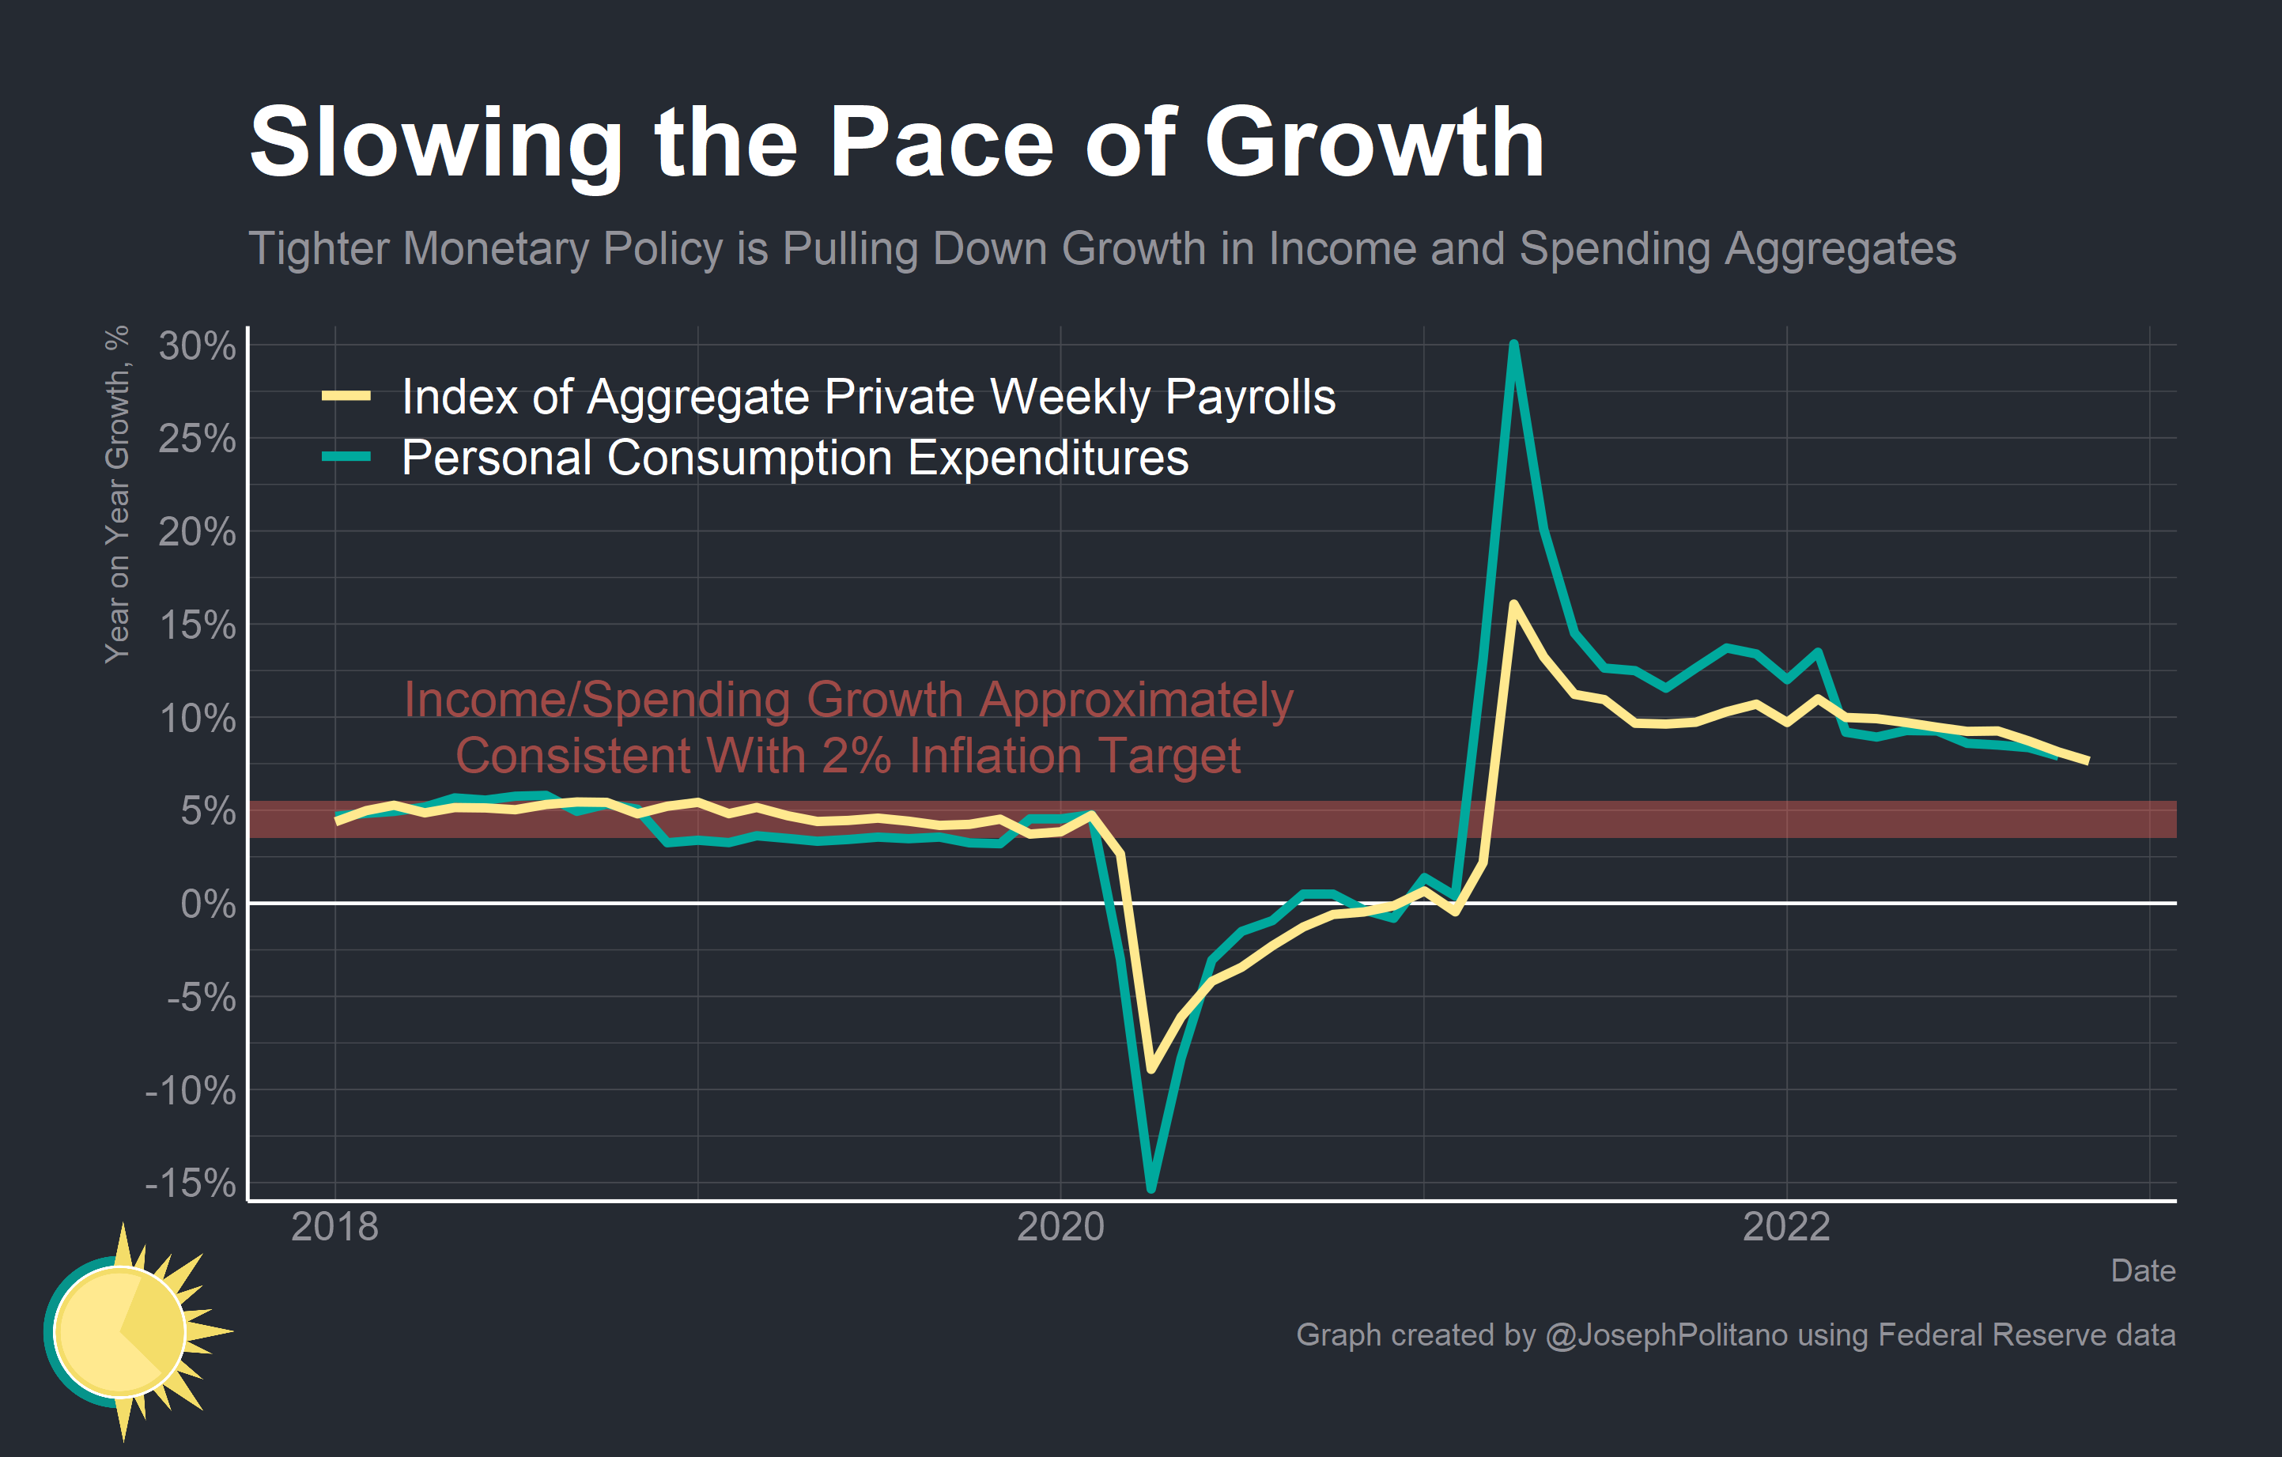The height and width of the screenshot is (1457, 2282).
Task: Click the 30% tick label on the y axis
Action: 197,347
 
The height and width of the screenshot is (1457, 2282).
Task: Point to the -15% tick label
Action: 190,1183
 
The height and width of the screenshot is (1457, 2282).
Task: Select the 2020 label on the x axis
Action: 1060,1228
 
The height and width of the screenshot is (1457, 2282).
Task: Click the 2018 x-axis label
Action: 334,1228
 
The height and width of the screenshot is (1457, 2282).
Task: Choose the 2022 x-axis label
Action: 1786,1228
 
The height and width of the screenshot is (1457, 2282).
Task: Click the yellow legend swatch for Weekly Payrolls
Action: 346,396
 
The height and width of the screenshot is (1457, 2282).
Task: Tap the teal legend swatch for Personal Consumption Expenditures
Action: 346,458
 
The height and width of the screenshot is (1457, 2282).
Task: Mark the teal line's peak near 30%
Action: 1513,345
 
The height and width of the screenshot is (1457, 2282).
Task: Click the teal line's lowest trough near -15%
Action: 1151,1188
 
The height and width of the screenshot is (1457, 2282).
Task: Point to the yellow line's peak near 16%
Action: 1513,605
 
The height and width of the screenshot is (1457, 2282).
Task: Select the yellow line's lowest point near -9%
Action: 1151,1070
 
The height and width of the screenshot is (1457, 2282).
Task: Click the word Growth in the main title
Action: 1374,144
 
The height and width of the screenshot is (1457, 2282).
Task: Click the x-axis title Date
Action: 2143,1271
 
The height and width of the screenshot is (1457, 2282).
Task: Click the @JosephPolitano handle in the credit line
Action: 1666,1334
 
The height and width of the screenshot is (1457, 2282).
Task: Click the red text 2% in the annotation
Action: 856,757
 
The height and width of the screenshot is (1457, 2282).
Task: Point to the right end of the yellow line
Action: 2087,761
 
